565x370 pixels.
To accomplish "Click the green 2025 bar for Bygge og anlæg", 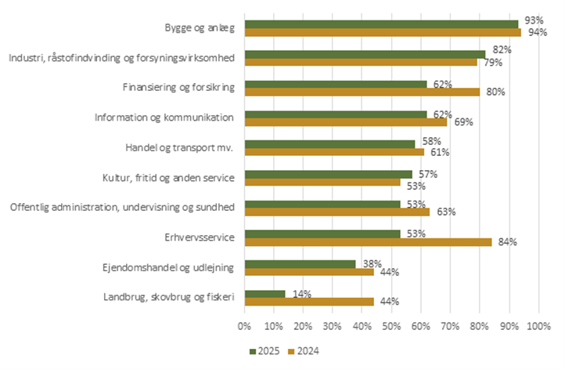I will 381,24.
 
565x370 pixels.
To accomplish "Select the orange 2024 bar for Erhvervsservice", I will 368,242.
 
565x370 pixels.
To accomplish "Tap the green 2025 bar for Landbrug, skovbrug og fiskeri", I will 265,293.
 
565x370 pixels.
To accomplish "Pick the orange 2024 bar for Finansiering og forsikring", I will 362,92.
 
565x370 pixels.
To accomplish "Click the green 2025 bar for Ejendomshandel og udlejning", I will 300,263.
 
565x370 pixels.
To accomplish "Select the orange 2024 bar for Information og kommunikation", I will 346,122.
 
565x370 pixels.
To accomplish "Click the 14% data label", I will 302,293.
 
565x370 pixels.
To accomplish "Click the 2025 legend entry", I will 266,350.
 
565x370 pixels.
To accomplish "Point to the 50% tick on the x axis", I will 391,325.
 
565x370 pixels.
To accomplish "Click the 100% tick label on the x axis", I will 538,325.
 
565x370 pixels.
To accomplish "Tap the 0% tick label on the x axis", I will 245,325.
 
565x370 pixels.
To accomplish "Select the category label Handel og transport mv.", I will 180,147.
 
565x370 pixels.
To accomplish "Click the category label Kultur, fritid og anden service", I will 169,177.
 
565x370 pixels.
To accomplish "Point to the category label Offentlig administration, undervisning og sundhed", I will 122,207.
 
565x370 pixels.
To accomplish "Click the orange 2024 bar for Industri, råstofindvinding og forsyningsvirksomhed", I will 361,62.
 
